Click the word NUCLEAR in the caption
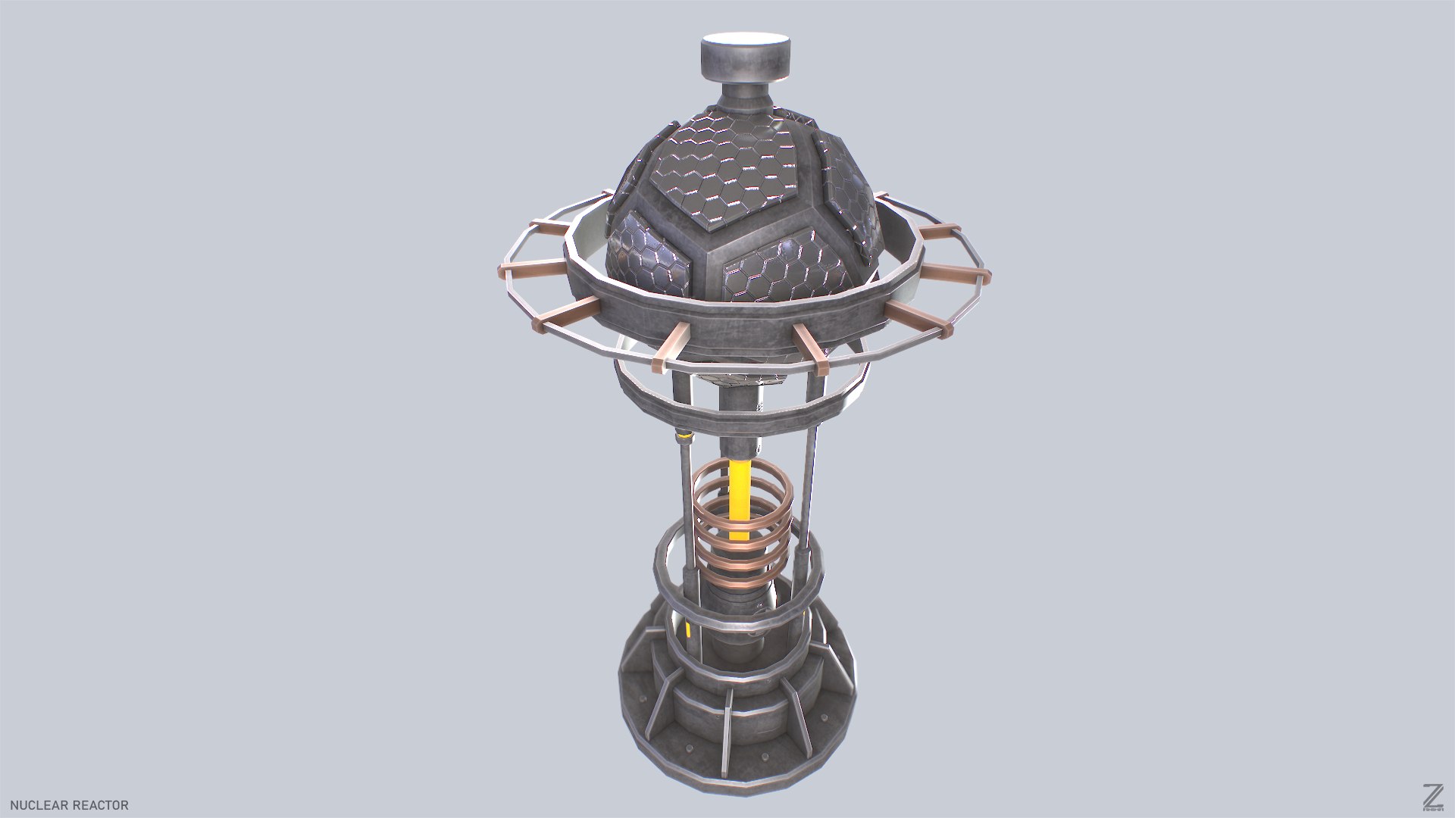tap(37, 805)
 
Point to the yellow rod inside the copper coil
tap(740, 492)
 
